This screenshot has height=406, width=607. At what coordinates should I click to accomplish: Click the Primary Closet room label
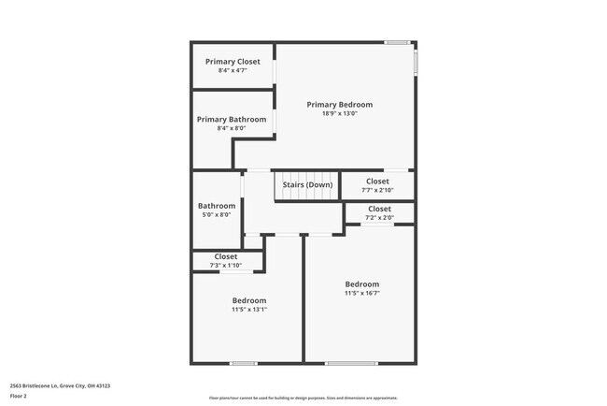pyautogui.click(x=233, y=62)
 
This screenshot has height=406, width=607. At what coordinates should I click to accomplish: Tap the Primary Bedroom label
pyautogui.click(x=339, y=105)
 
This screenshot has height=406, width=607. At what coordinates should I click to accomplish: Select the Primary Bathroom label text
pyautogui.click(x=231, y=120)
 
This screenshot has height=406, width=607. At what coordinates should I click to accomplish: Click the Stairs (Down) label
pyautogui.click(x=307, y=185)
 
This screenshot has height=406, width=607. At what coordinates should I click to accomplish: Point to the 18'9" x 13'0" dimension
pyautogui.click(x=339, y=113)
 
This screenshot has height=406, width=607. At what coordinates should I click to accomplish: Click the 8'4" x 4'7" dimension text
pyautogui.click(x=233, y=70)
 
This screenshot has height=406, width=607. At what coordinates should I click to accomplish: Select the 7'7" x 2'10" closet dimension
pyautogui.click(x=377, y=190)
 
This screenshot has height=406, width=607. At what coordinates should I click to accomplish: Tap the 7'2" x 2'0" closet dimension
pyautogui.click(x=379, y=217)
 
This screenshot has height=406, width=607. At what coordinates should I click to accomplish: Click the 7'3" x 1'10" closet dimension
pyautogui.click(x=225, y=266)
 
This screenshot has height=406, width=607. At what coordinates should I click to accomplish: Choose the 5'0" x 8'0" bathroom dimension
pyautogui.click(x=216, y=214)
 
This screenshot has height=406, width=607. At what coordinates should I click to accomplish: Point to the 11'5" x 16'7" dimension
pyautogui.click(x=361, y=293)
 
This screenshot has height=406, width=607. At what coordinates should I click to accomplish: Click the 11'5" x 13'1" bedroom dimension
pyautogui.click(x=248, y=310)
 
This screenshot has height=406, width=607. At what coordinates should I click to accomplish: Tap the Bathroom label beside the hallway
pyautogui.click(x=216, y=206)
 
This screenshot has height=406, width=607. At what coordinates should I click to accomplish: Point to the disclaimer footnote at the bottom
pyautogui.click(x=303, y=398)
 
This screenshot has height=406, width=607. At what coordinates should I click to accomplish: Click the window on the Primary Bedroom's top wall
pyautogui.click(x=398, y=42)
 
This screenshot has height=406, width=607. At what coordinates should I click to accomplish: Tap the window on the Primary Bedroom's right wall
pyautogui.click(x=416, y=61)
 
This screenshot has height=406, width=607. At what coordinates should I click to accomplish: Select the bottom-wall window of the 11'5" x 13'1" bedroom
pyautogui.click(x=243, y=363)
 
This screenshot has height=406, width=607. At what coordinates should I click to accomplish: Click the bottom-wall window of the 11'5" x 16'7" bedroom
pyautogui.click(x=352, y=363)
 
